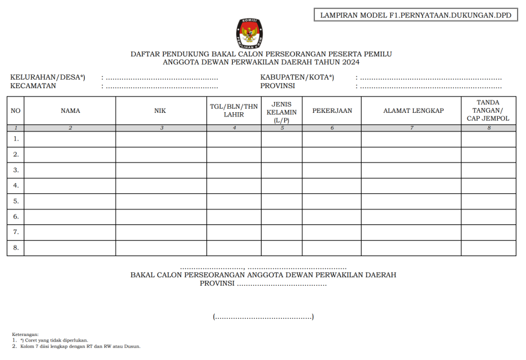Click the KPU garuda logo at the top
pyautogui.click(x=250, y=33)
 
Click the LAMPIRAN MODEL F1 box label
pyautogui.click(x=416, y=15)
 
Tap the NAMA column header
pyautogui.click(x=70, y=110)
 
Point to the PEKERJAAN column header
pyautogui.click(x=332, y=110)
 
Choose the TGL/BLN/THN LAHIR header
pyautogui.click(x=234, y=110)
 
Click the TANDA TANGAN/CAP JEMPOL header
pyautogui.click(x=488, y=110)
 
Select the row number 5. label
pyautogui.click(x=16, y=201)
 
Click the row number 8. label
pyautogui.click(x=16, y=247)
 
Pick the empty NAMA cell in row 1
pyautogui.click(x=70, y=139)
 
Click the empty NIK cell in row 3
pyautogui.click(x=161, y=170)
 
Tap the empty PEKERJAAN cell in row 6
pyautogui.click(x=332, y=217)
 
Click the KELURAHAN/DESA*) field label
pyautogui.click(x=47, y=77)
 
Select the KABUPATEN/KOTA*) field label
pyautogui.click(x=297, y=77)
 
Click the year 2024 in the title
pyautogui.click(x=351, y=62)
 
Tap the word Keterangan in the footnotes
pyautogui.click(x=25, y=334)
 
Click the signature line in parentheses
pyautogui.click(x=263, y=317)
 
